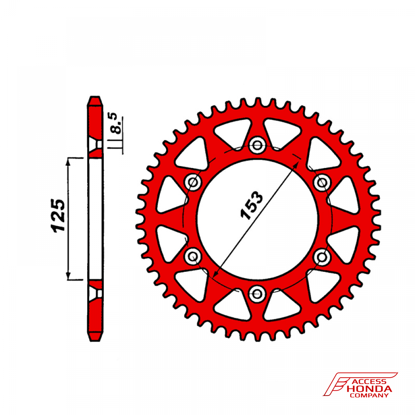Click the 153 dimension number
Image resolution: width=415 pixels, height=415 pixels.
(x=251, y=205)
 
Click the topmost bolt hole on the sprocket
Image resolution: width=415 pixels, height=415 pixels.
(x=257, y=145)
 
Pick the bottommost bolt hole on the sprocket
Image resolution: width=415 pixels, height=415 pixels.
(x=257, y=293)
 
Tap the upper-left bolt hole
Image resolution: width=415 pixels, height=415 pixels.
(x=193, y=182)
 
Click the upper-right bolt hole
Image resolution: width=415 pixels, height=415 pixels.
(x=322, y=182)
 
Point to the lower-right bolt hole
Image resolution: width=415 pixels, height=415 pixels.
(x=322, y=257)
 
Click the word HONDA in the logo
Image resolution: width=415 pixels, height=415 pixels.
(x=369, y=389)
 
